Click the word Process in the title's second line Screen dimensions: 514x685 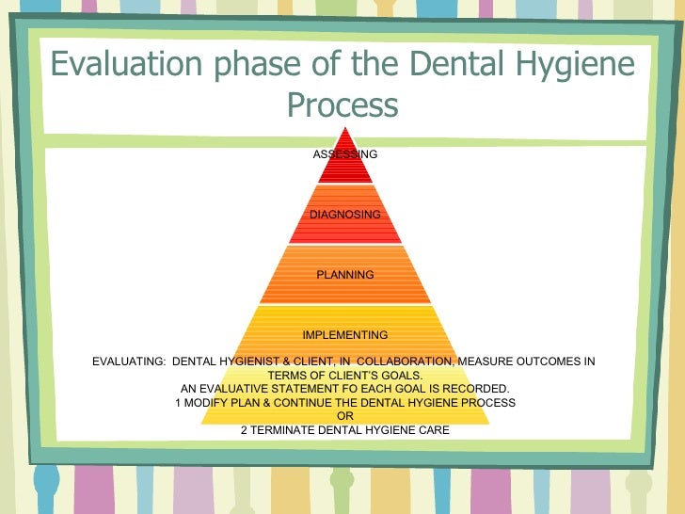point(342,104)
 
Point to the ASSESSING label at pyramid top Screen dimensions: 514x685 point(344,153)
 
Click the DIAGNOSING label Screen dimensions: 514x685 point(344,214)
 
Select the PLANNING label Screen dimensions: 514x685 point(344,274)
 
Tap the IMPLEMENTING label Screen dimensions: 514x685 point(344,334)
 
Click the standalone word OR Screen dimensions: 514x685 point(344,416)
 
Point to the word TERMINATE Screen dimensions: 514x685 point(287,430)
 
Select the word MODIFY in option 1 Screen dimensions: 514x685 point(208,402)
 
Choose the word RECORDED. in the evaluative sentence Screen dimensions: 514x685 point(476,388)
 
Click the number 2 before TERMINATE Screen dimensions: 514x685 point(244,430)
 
